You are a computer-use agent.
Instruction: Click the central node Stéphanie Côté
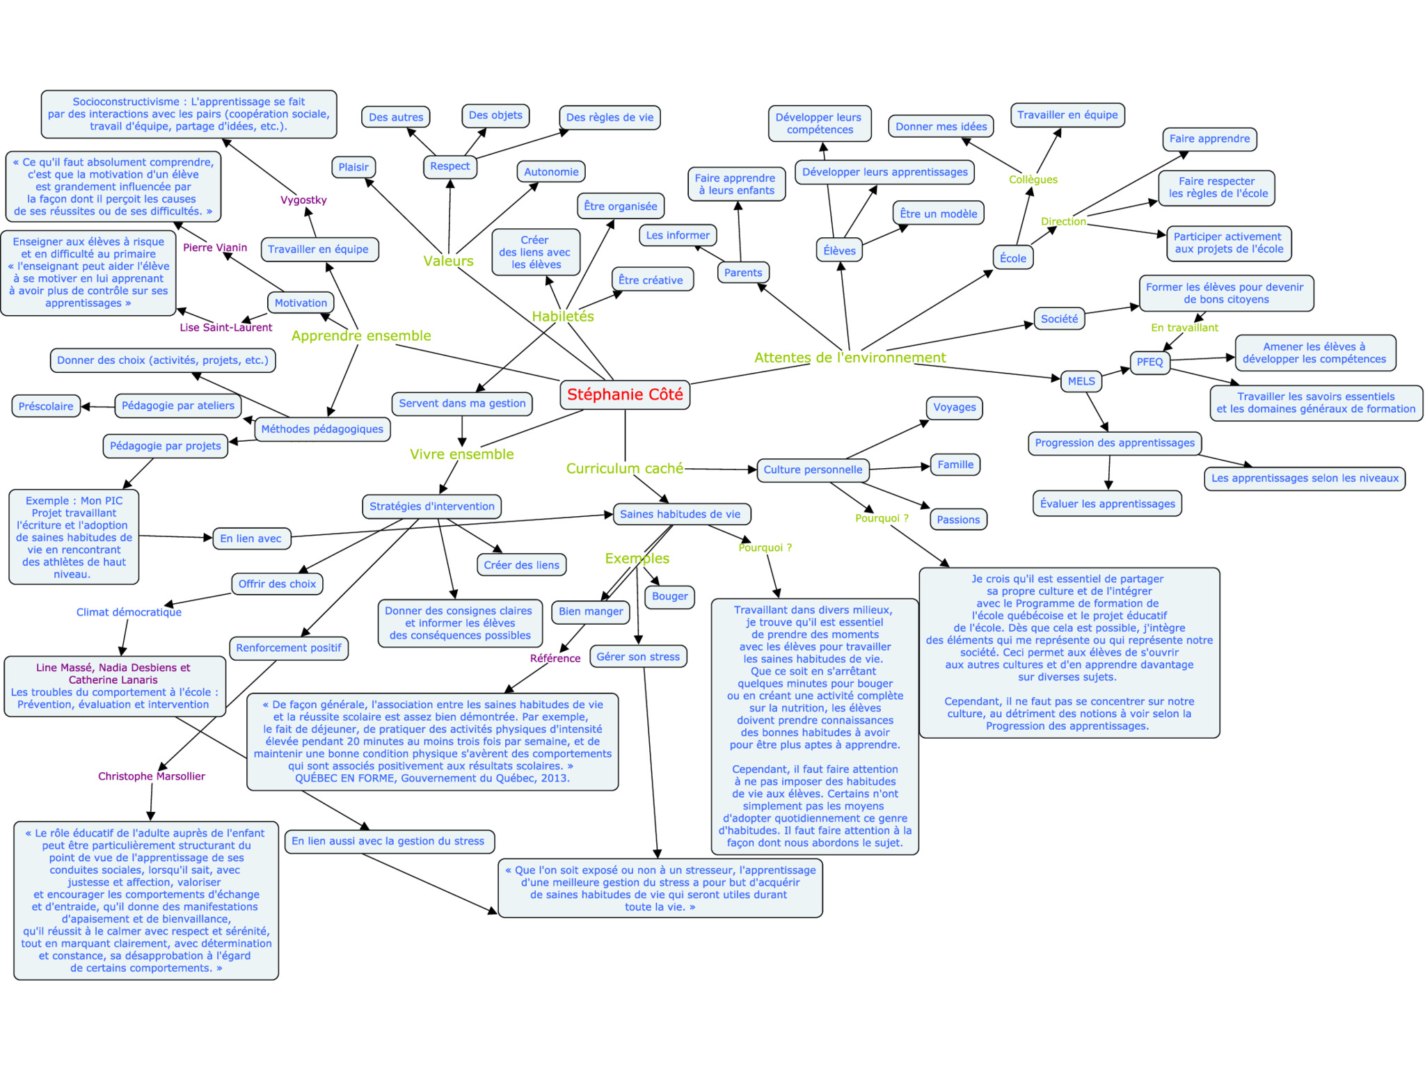tap(624, 394)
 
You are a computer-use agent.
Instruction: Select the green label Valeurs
tap(448, 261)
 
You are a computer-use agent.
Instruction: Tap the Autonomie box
tap(551, 172)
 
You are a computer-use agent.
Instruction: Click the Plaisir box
tap(353, 167)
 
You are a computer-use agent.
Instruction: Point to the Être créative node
tap(651, 280)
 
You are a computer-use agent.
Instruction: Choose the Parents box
tap(742, 273)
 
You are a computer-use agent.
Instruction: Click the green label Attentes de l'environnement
tap(850, 358)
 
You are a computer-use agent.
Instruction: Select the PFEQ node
tap(1149, 362)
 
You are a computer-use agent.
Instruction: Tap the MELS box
tap(1081, 381)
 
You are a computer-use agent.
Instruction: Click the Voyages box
tap(954, 408)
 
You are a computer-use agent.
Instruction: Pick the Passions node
tap(957, 520)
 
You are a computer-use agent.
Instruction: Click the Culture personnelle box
tap(813, 470)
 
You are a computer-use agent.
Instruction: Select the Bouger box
tap(669, 596)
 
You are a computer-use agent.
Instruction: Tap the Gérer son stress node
tap(638, 657)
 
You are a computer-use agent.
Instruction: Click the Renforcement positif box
tap(289, 648)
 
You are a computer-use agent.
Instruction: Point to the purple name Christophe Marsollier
tap(152, 776)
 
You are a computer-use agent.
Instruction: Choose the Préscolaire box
tap(46, 406)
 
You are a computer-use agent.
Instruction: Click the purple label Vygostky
tap(303, 200)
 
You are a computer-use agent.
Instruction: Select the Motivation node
tap(301, 303)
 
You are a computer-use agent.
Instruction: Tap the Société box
tap(1059, 319)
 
